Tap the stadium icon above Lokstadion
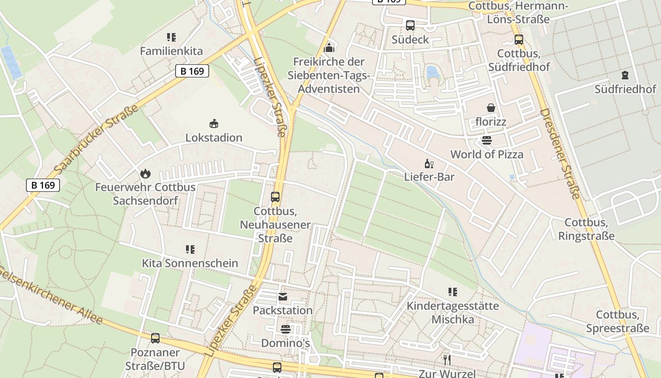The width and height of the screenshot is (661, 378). (214, 123)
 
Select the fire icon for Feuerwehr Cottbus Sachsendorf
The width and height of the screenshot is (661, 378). (145, 173)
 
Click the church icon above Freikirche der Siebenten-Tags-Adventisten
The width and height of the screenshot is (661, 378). (329, 48)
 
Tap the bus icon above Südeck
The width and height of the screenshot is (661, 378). (410, 26)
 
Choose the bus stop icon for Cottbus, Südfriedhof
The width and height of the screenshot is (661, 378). (519, 40)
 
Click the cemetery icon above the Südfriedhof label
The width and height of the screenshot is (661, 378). (625, 75)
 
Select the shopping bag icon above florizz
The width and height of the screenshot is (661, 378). (491, 108)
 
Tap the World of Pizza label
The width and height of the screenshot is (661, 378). (487, 155)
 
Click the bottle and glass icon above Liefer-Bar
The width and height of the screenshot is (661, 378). (429, 163)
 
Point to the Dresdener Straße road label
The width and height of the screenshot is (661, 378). (559, 154)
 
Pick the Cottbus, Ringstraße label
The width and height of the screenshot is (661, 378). (586, 229)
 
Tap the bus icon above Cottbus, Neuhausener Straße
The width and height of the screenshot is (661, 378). (275, 197)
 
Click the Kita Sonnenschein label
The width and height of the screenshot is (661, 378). (190, 263)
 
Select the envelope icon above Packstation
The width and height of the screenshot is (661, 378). (282, 297)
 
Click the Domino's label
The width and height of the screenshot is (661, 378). (286, 343)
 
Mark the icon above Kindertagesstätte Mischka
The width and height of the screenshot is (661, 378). (453, 292)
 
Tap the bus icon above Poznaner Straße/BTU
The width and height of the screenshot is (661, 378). (155, 338)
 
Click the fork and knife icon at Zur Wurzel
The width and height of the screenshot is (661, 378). (447, 360)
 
